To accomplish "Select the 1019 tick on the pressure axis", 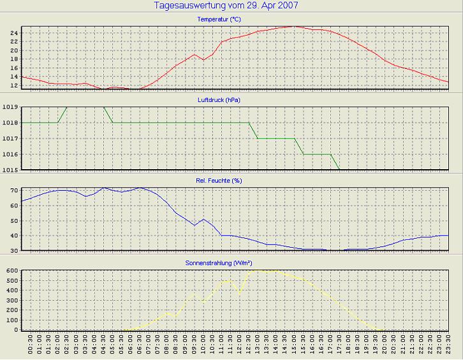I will click(10, 107).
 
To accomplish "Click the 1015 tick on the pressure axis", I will click(10, 170).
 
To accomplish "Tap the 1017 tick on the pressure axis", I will click(10, 139).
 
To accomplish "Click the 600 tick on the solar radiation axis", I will click(11, 271).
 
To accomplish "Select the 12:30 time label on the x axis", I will click(249, 345).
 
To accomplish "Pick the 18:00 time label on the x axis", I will click(348, 345).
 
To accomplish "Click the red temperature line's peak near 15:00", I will click(293, 26).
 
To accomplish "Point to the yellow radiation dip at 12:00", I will click(240, 294).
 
